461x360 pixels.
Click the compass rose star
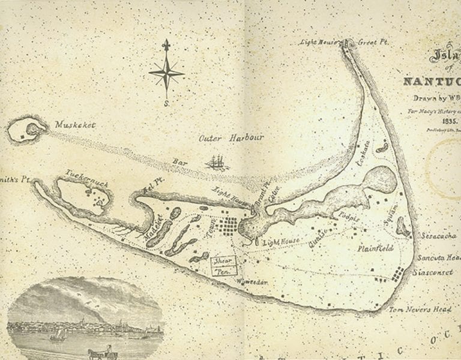click(x=167, y=73)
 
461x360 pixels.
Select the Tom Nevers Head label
click(x=420, y=309)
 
